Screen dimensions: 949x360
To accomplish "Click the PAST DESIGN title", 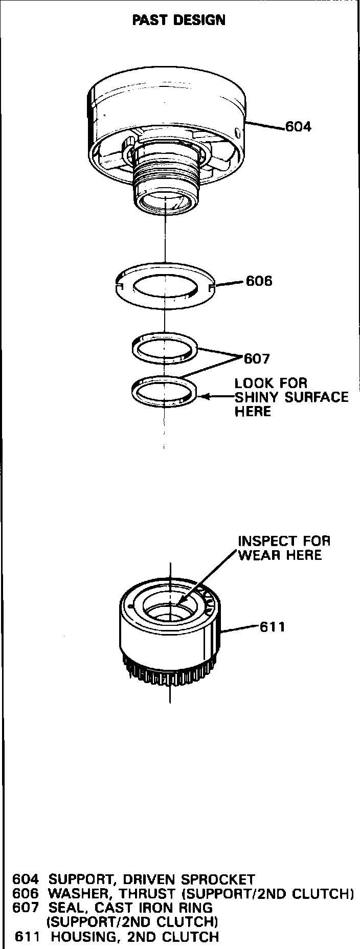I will click(x=178, y=20).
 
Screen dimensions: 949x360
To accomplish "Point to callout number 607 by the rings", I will click(x=257, y=359).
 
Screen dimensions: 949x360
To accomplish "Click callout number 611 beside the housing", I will click(x=273, y=627).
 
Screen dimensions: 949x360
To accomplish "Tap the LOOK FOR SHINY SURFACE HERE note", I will click(x=290, y=397).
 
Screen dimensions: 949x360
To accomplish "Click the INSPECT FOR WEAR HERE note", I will click(x=284, y=548).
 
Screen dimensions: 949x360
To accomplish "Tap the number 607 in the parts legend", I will click(x=26, y=908).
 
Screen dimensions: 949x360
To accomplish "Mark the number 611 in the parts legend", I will click(x=27, y=937).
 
